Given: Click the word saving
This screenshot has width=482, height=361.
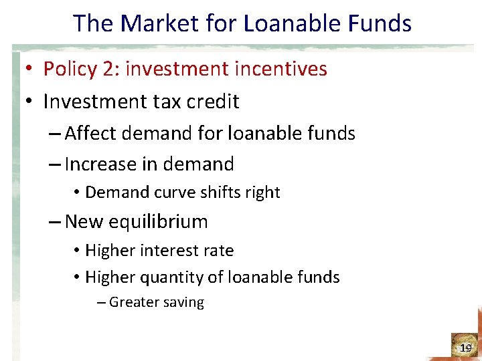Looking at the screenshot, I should click(185, 302).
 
